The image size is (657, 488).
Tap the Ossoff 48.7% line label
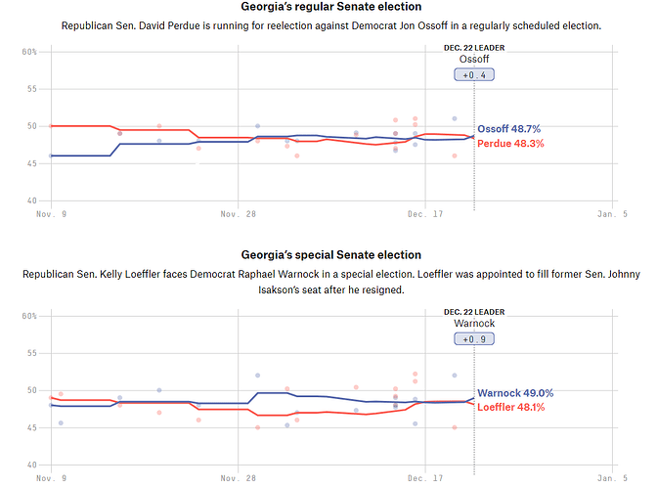pyautogui.click(x=508, y=129)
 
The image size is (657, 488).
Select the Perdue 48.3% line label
pyautogui.click(x=509, y=144)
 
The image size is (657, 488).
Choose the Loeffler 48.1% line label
pyautogui.click(x=510, y=407)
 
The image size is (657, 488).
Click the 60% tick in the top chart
pyautogui.click(x=29, y=51)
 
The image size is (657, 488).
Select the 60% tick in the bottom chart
pyautogui.click(x=29, y=316)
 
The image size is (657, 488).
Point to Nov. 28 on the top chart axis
pyautogui.click(x=238, y=213)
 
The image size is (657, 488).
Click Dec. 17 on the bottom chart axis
pyautogui.click(x=425, y=477)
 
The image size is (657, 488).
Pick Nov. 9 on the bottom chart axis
pyautogui.click(x=51, y=477)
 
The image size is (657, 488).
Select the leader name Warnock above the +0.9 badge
pyautogui.click(x=474, y=323)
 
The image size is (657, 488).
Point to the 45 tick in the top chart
pyautogui.click(x=31, y=163)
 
